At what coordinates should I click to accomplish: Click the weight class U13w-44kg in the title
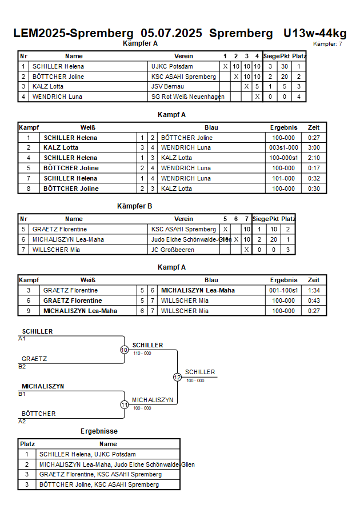(x=315, y=33)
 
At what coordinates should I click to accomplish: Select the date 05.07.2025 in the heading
(x=171, y=33)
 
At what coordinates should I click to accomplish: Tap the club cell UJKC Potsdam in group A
(x=172, y=66)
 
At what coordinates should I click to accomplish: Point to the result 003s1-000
(x=283, y=148)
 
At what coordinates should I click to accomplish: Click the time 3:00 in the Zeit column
(x=314, y=148)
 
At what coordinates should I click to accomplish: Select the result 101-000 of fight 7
(x=283, y=179)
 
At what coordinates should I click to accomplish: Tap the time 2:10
(x=314, y=158)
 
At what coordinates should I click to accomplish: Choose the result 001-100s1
(x=283, y=291)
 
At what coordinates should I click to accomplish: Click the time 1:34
(x=314, y=291)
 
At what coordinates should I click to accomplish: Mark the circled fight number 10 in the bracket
(x=125, y=350)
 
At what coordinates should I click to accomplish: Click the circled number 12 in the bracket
(x=177, y=377)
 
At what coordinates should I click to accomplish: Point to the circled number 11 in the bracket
(x=125, y=405)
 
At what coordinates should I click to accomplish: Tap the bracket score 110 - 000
(x=142, y=353)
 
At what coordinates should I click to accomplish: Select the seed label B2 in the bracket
(x=22, y=367)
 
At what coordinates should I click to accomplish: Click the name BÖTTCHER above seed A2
(x=39, y=414)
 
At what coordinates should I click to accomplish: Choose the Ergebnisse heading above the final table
(x=99, y=431)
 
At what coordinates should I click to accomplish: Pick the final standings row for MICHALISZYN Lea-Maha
(x=99, y=464)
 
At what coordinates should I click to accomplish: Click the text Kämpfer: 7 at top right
(x=327, y=44)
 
